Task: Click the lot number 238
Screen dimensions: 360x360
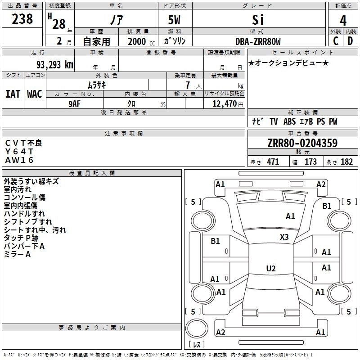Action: [22, 19]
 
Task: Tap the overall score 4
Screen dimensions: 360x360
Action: [343, 20]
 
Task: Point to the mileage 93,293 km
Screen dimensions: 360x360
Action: [54, 65]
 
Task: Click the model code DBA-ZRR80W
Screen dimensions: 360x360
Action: [258, 42]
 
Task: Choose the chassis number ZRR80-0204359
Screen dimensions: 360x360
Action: [302, 144]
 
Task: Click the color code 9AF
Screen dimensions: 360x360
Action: [74, 103]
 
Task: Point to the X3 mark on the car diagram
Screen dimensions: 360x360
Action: [284, 237]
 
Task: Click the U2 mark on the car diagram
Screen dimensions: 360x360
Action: [270, 269]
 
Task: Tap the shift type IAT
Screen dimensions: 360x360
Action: [13, 94]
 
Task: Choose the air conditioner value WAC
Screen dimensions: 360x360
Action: [35, 94]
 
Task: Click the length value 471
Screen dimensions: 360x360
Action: [273, 162]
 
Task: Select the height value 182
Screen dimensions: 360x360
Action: [346, 162]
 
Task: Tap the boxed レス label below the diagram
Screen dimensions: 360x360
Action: [196, 345]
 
